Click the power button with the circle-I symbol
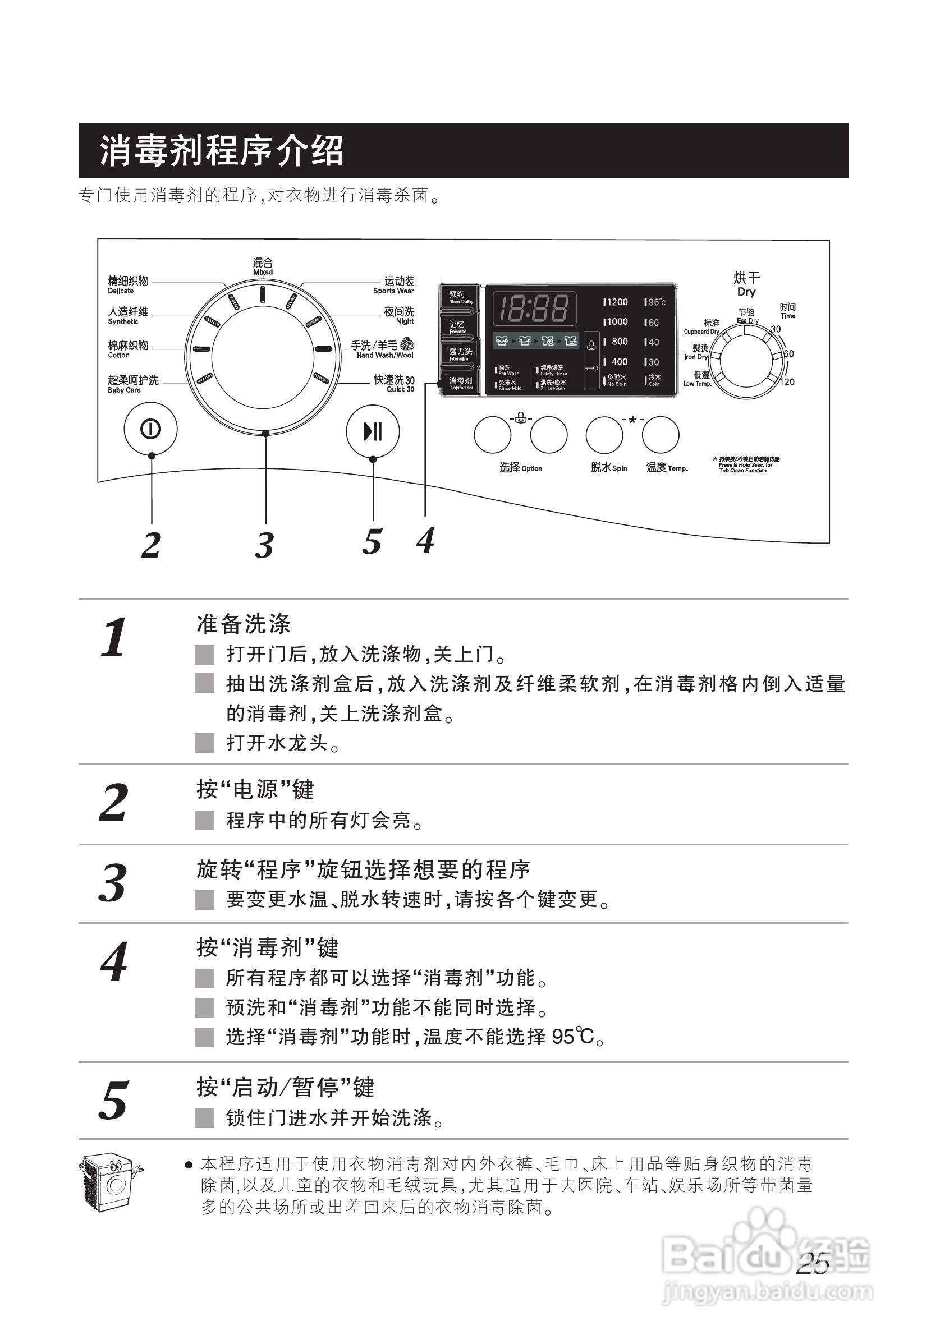(x=150, y=430)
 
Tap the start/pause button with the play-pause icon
(x=373, y=432)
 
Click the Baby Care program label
(x=132, y=384)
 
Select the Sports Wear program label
(x=395, y=285)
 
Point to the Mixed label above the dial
(x=263, y=266)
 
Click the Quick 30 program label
(x=395, y=384)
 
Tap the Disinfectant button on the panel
(x=460, y=383)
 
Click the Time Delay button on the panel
(x=460, y=297)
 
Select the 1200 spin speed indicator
(x=616, y=302)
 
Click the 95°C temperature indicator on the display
(x=655, y=302)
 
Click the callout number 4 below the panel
(x=425, y=541)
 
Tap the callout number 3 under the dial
(x=264, y=546)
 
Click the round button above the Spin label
(x=604, y=435)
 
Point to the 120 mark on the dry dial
(x=787, y=382)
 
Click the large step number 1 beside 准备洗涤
(x=114, y=638)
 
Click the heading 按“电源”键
(x=255, y=789)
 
